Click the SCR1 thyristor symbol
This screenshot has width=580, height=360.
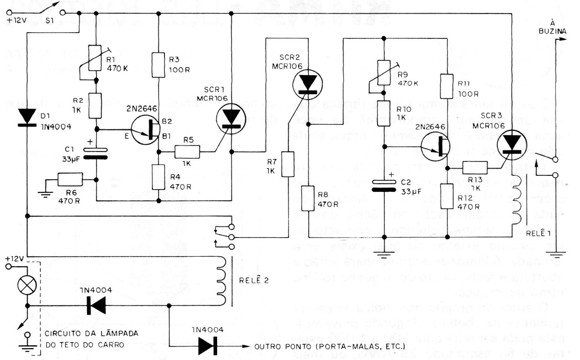pos(231,119)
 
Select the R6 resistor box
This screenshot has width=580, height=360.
pos(70,180)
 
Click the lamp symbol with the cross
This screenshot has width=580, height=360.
pos(27,284)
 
